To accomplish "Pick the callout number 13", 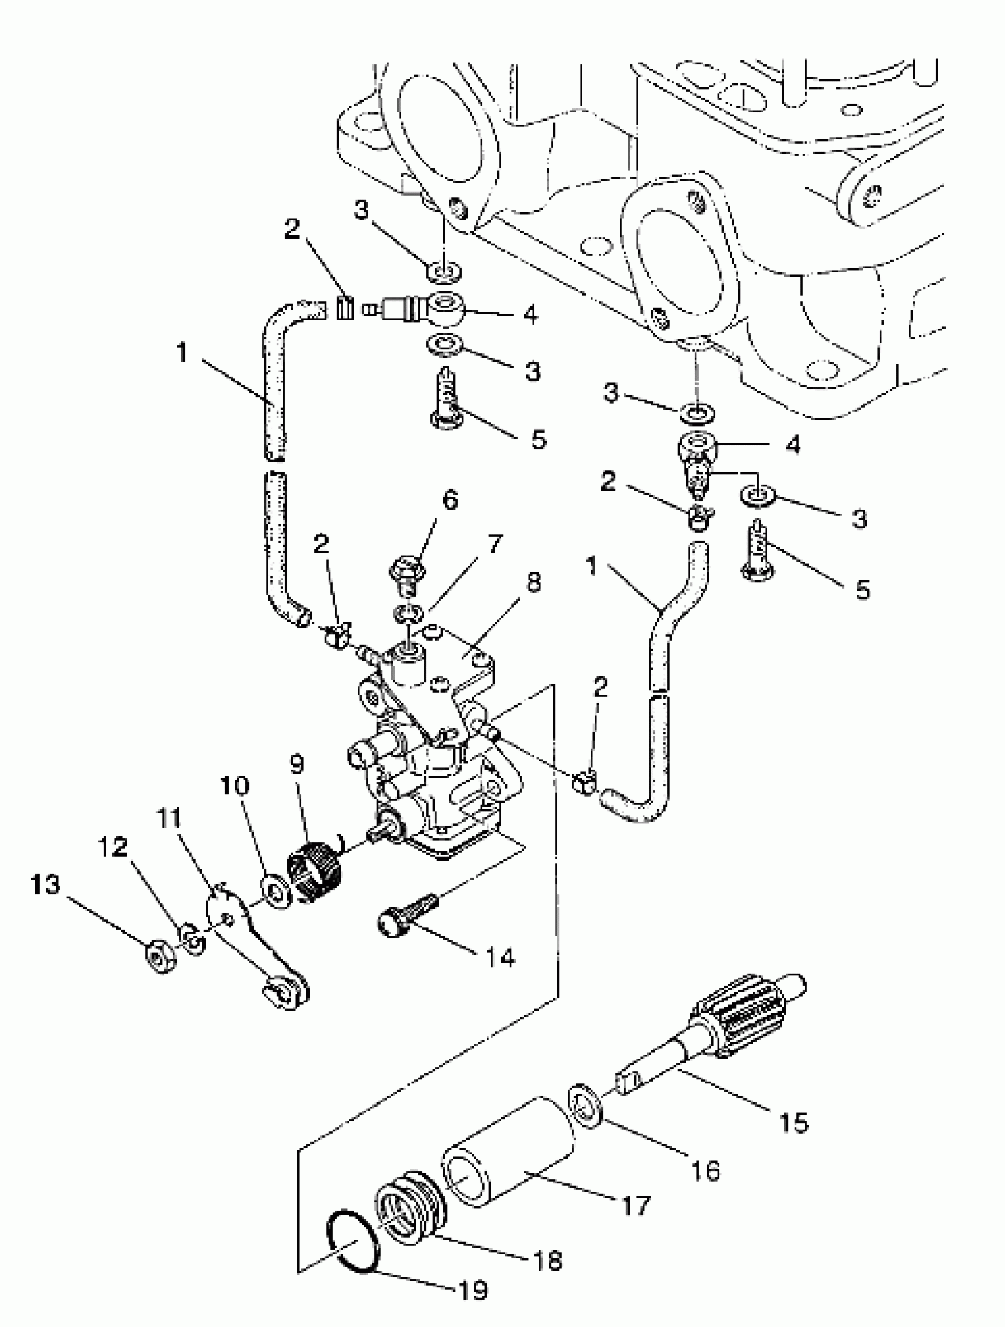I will tap(46, 885).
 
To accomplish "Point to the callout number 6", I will tap(450, 499).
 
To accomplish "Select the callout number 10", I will tap(235, 785).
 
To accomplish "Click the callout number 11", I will tap(169, 817).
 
